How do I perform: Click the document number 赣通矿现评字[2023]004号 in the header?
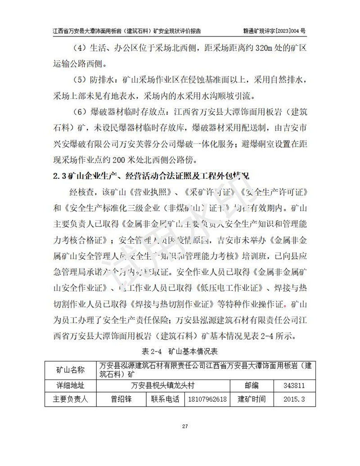point(274,31)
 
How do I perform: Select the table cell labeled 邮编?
point(252,385)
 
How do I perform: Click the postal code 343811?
point(295,385)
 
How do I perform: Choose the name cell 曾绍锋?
point(121,399)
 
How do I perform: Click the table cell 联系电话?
point(165,399)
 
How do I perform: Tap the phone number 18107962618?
point(207,399)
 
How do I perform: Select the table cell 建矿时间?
point(252,399)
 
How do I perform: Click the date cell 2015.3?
point(295,399)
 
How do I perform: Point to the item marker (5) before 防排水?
point(79,81)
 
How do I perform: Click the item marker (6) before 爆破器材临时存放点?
point(79,112)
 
